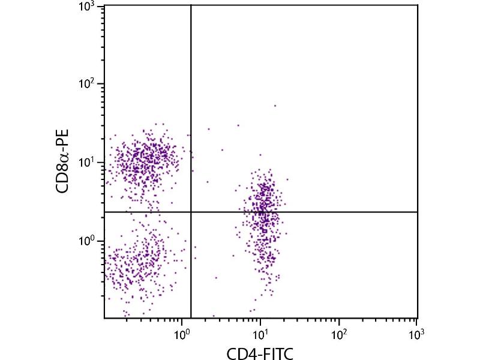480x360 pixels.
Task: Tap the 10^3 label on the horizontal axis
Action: [x=416, y=332]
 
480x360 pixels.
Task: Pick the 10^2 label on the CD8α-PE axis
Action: [x=88, y=85]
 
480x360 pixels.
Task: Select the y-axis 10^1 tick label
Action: [x=88, y=163]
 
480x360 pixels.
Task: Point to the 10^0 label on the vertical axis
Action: [x=88, y=241]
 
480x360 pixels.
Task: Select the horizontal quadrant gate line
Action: [x=330, y=212]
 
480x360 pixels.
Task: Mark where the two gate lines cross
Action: [x=191, y=212]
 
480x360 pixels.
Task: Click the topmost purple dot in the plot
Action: [x=275, y=106]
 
